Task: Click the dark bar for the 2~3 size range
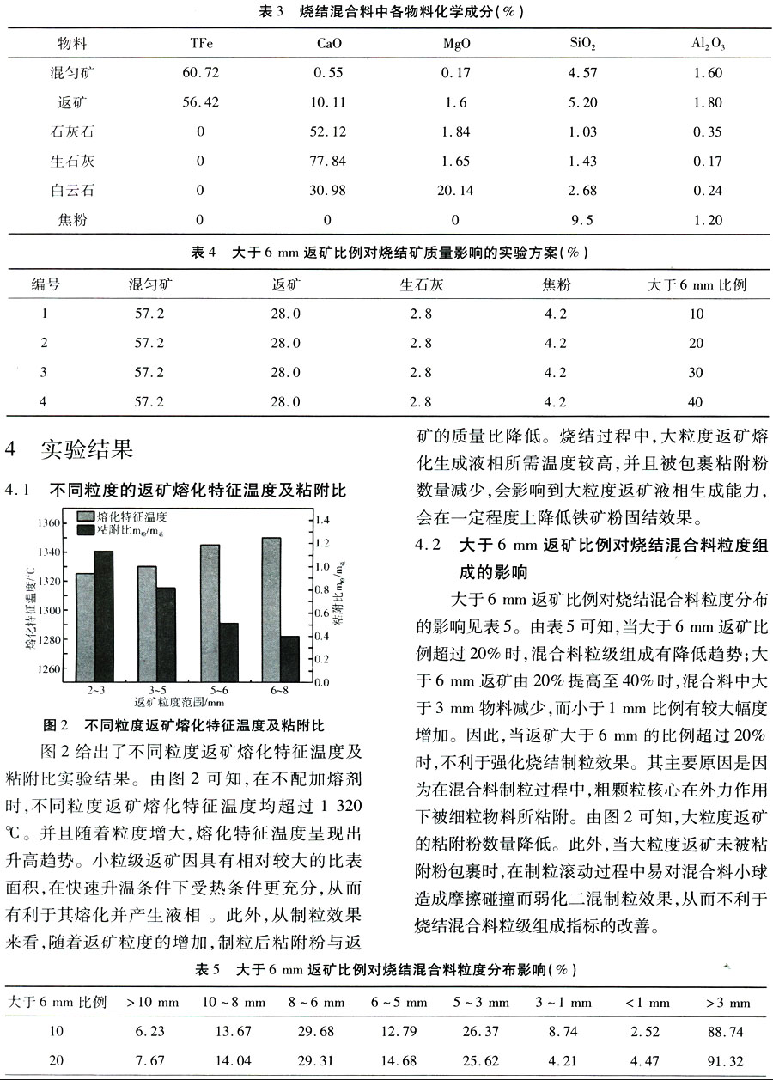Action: (x=104, y=616)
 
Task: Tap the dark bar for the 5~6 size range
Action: (x=228, y=652)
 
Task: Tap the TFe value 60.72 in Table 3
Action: (x=201, y=73)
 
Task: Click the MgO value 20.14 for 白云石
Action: (x=455, y=190)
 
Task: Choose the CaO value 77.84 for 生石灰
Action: (x=327, y=161)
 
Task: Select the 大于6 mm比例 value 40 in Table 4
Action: (x=696, y=401)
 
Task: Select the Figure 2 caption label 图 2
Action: (x=55, y=725)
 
